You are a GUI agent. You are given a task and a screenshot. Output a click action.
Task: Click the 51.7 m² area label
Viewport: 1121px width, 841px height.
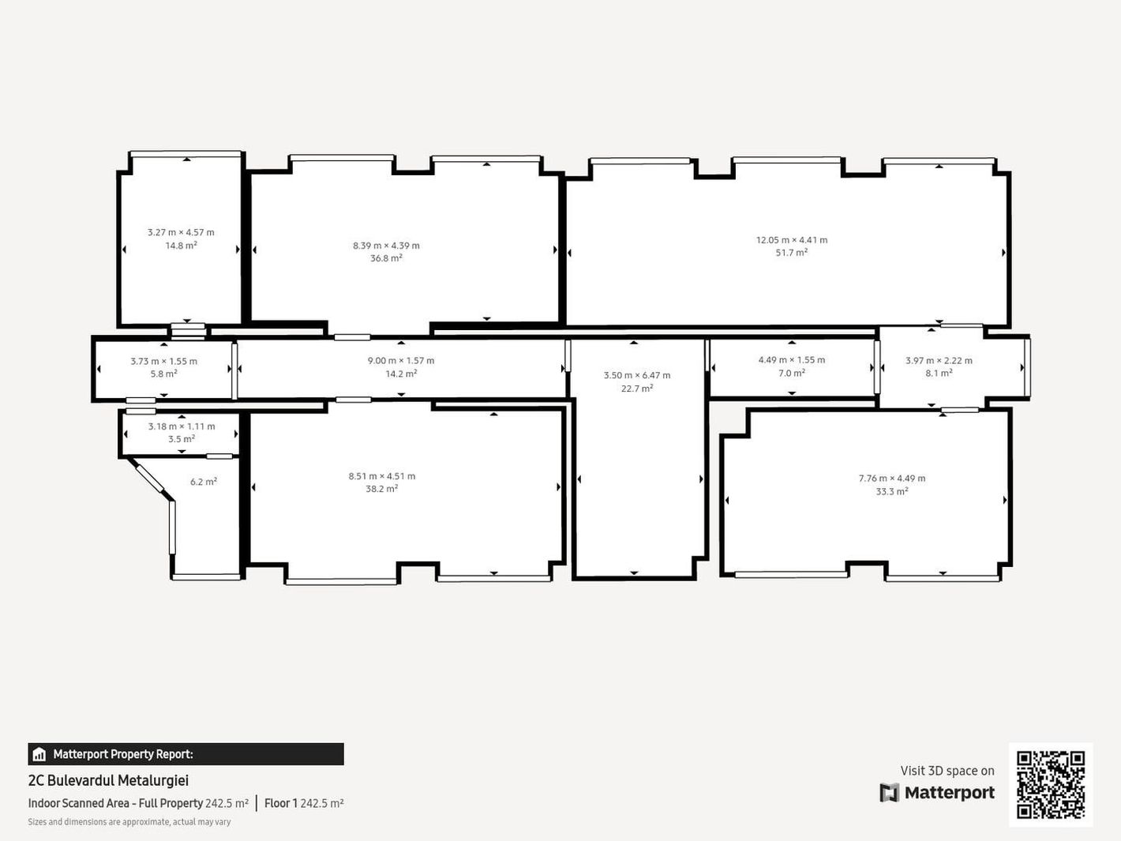792,252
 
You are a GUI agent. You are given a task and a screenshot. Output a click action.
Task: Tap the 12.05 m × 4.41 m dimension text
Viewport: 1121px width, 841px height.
792,239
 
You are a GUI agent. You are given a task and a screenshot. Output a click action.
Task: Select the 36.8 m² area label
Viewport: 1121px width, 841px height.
386,258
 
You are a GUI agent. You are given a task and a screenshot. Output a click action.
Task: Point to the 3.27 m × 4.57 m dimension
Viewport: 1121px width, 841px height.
181,232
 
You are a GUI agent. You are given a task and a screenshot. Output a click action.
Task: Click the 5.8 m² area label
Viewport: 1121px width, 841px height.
164,374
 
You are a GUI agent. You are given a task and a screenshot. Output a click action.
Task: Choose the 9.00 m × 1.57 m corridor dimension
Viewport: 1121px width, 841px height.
401,361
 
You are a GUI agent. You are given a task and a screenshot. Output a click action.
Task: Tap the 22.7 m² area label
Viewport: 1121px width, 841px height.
637,388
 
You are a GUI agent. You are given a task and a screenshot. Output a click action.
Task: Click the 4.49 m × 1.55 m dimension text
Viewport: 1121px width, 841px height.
792,360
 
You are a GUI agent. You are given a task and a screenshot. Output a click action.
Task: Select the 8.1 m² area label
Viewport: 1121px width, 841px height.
939,374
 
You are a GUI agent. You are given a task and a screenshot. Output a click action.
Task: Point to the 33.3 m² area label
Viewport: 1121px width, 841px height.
892,491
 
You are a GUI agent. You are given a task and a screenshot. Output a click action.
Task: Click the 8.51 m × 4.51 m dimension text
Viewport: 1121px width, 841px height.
382,476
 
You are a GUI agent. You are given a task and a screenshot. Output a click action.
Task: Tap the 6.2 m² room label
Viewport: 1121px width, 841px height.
203,482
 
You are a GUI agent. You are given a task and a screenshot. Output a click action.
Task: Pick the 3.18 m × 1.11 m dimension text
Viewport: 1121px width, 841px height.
182,426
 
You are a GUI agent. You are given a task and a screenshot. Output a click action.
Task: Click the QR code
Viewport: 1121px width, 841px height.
1051,785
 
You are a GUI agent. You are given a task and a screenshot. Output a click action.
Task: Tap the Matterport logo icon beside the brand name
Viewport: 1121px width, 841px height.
889,793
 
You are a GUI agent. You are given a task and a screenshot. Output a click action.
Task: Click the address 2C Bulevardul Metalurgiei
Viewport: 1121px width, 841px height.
108,780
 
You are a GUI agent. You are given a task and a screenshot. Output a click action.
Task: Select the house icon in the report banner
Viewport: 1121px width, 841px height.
39,753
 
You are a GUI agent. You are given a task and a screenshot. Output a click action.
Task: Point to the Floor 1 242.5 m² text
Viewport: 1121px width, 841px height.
304,803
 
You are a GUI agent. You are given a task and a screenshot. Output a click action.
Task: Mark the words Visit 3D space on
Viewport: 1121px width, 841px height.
947,771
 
